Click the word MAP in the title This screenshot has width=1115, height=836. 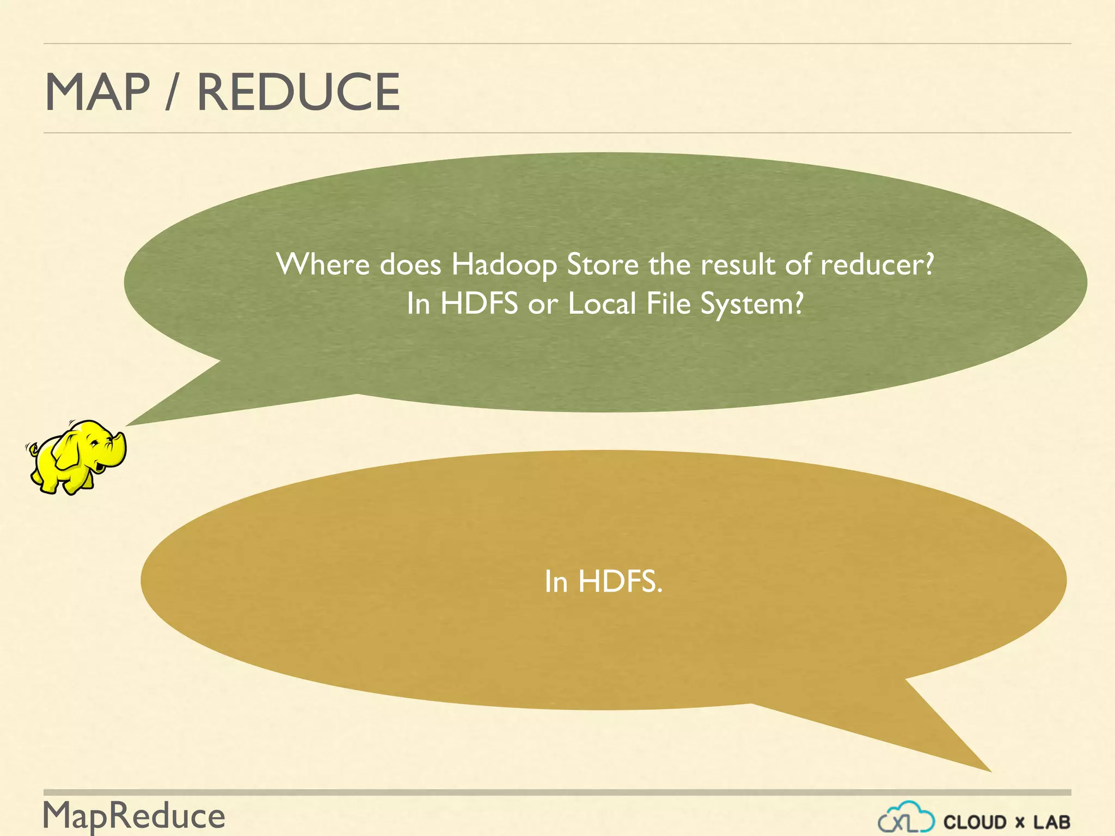click(x=97, y=92)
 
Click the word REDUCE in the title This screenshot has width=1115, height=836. click(x=298, y=92)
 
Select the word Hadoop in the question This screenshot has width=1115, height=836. click(x=504, y=265)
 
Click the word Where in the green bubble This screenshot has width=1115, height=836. click(x=323, y=265)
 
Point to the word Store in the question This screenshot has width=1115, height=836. click(x=603, y=265)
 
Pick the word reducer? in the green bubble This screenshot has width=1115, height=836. click(x=877, y=265)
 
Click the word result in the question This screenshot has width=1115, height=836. click(x=738, y=265)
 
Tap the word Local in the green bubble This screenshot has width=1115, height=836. click(x=602, y=303)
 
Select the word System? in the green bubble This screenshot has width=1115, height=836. click(x=752, y=304)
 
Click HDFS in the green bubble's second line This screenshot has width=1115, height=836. click(x=479, y=303)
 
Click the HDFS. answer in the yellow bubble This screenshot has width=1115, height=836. click(x=620, y=581)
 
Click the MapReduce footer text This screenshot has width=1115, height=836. click(x=134, y=816)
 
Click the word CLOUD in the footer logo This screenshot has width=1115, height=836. click(x=975, y=822)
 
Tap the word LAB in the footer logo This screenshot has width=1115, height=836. click(x=1052, y=822)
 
